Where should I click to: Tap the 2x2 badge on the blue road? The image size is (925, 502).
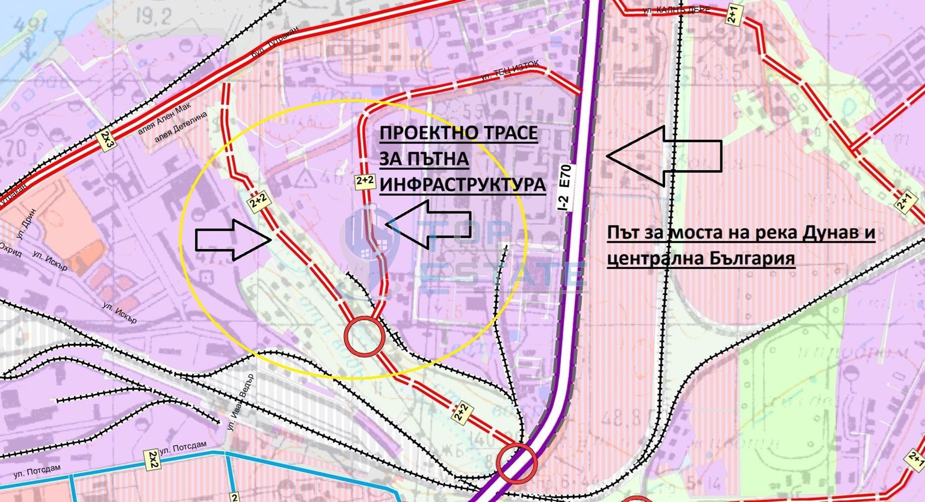[x=152, y=460]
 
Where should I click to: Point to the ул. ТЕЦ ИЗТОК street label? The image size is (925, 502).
[x=509, y=71]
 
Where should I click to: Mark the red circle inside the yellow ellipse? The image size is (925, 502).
[x=364, y=336]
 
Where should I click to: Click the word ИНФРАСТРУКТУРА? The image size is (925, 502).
[x=462, y=184]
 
